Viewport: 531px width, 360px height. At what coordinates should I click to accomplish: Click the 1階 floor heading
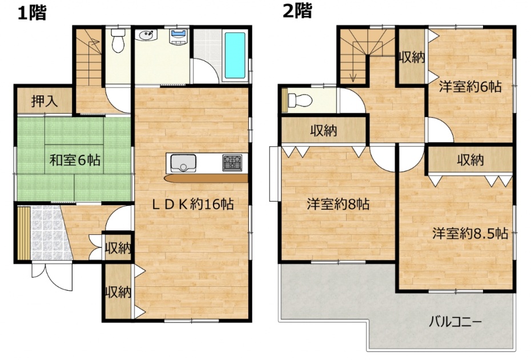32,13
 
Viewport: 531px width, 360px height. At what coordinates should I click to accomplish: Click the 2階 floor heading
297,11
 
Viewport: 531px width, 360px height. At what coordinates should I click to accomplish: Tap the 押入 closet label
45,101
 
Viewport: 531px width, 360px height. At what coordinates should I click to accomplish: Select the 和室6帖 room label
75,159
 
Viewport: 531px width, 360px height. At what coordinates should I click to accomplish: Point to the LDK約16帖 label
192,204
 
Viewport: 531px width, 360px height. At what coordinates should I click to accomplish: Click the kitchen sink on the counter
183,163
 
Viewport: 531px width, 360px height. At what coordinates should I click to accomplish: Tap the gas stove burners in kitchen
232,162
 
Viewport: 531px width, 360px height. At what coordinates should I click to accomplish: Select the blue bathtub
235,55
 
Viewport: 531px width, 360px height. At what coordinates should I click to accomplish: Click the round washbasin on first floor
146,35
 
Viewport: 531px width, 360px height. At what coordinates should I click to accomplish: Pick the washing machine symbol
179,37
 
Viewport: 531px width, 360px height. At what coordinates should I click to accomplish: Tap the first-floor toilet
118,41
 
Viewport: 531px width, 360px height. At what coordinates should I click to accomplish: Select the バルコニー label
455,321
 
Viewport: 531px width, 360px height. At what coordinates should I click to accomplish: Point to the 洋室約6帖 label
470,87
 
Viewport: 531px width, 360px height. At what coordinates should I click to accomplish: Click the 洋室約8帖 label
338,205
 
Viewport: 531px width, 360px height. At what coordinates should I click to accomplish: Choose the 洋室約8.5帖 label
470,234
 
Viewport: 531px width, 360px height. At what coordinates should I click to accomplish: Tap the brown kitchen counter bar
206,178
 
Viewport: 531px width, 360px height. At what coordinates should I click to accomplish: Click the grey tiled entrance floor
51,233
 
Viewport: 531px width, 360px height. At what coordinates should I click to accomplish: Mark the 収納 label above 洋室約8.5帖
470,159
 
